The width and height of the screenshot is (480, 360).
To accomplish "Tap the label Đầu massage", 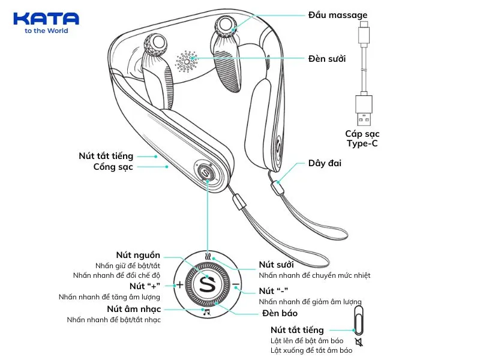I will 338,15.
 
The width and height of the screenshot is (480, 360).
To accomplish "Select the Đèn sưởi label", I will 327,59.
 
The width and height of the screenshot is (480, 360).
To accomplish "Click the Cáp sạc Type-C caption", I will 362,138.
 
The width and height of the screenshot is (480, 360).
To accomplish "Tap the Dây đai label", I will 325,163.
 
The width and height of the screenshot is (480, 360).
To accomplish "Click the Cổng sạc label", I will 113,167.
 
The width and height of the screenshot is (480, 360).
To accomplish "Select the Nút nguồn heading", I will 138,255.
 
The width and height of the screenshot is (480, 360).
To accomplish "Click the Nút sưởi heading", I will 277,264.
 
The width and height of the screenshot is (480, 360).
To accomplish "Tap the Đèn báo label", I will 280,313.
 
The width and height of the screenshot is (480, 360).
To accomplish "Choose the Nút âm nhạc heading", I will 134,308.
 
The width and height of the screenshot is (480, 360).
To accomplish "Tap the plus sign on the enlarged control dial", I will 179,284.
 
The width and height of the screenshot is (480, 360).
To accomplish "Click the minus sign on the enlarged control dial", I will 235,284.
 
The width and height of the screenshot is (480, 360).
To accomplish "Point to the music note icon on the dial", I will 207,312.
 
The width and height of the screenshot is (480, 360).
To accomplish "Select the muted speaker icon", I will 359,343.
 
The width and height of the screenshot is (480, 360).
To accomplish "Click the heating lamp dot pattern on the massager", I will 187,61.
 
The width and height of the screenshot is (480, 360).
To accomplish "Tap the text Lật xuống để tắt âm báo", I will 311,350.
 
